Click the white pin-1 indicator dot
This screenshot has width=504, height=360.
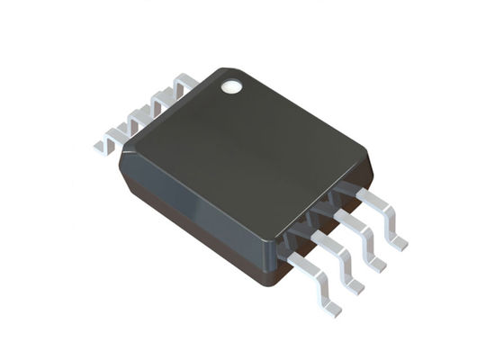233,87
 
